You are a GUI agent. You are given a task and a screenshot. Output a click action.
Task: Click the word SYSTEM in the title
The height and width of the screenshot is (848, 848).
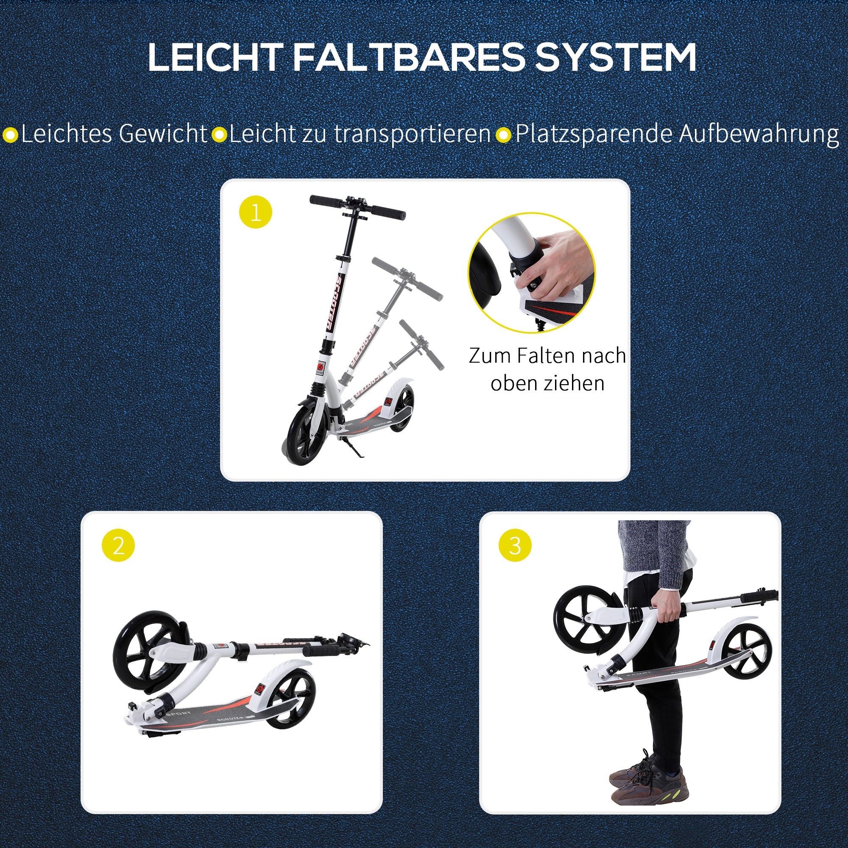pos(614,58)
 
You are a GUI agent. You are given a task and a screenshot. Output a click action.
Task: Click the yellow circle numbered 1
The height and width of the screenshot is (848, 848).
pos(255,212)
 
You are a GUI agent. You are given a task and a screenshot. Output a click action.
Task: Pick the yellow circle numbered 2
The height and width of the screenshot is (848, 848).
pos(118,546)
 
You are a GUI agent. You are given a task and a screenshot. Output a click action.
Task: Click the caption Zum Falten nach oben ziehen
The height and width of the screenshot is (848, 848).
pos(547,369)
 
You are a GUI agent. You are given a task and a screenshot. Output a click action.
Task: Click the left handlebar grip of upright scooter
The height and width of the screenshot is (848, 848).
pos(326,202)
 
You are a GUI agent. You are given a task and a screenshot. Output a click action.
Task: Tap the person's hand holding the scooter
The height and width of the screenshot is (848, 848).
pos(668,607)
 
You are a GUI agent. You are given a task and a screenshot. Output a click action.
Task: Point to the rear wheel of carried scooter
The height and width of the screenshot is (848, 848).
pos(746,656)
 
